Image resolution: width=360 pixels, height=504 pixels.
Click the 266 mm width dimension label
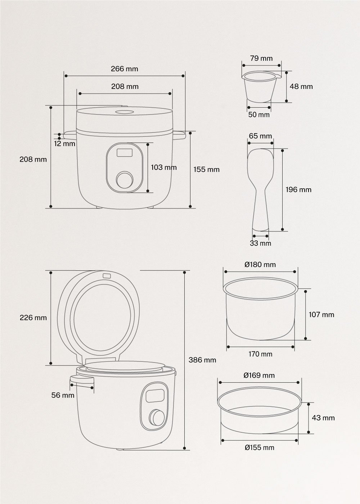(124, 69)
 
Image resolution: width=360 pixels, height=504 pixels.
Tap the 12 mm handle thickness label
(65, 144)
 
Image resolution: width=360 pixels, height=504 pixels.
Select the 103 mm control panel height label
(164, 167)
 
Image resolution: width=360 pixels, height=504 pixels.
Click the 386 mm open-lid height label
(202, 360)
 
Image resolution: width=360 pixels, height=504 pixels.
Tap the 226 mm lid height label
(33, 318)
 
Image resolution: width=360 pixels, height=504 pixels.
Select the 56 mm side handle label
(63, 395)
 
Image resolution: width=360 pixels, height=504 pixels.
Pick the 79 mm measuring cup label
(261, 58)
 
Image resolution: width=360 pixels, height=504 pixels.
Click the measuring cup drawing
(260, 86)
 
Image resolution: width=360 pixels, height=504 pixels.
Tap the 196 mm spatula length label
(298, 189)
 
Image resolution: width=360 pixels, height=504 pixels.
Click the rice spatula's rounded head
(261, 162)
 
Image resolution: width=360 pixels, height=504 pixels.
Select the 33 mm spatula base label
(261, 243)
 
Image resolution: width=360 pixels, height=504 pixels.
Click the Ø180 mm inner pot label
(260, 265)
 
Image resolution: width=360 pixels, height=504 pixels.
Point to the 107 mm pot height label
(321, 315)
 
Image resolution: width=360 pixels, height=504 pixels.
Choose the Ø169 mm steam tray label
(259, 375)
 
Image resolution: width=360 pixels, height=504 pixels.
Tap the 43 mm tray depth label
(323, 418)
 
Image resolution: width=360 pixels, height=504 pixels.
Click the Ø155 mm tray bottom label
(259, 448)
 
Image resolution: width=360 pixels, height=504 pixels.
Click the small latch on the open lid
(107, 276)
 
